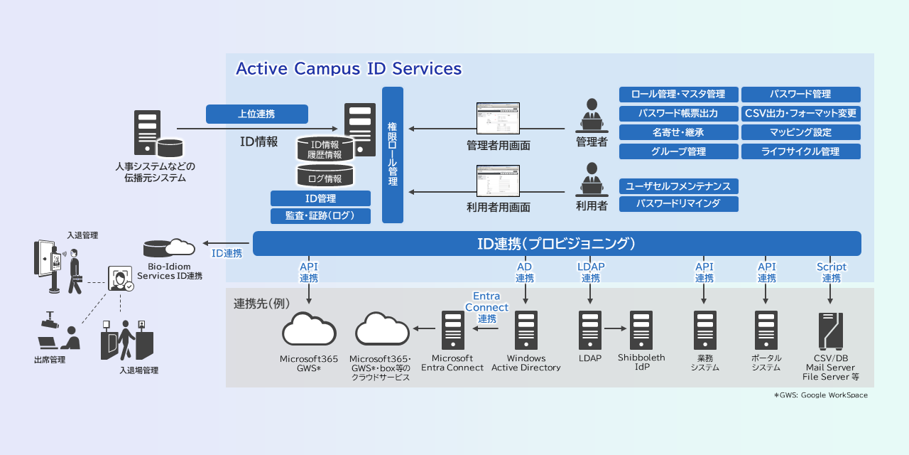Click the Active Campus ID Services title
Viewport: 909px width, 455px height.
(349, 69)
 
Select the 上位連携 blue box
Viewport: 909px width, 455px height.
(256, 114)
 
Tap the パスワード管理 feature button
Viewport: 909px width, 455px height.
(800, 95)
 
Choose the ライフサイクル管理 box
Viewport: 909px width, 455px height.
(800, 151)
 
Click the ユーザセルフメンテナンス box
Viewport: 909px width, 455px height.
(678, 186)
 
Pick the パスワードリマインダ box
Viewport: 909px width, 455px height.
(678, 204)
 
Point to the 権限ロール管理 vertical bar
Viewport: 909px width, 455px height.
(393, 154)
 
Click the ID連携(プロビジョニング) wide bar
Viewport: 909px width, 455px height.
(556, 243)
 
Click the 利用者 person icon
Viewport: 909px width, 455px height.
(591, 180)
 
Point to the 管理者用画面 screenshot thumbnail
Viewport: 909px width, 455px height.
(499, 119)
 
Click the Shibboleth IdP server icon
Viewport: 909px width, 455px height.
(641, 330)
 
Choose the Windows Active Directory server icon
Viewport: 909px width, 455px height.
(526, 330)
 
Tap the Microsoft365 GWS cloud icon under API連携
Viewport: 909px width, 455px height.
(309, 330)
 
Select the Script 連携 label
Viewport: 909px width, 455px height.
(831, 272)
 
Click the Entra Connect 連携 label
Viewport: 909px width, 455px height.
(486, 307)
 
